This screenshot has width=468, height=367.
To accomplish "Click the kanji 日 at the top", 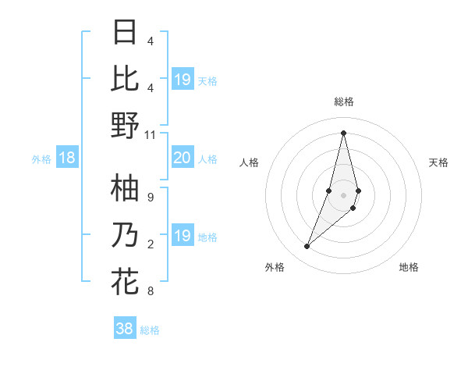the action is [126, 33].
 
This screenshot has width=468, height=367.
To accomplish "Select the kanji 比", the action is [126, 78].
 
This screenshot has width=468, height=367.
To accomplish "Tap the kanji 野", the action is [126, 125].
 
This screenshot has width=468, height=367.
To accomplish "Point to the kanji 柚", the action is [126, 188].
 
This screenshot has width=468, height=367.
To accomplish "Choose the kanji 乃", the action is [126, 235].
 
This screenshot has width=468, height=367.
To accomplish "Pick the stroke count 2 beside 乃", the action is [150, 244].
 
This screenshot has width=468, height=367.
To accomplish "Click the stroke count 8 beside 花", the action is [150, 291].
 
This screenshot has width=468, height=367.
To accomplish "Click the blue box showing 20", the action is [182, 159].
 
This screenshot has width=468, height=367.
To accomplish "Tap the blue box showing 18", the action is [66, 159].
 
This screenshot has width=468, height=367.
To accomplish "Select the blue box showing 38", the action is [125, 329].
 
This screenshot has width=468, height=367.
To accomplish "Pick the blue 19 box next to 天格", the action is [182, 79].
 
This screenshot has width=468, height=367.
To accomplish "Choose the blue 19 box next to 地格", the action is [182, 236].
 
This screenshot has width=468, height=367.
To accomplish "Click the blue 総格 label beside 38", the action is [150, 330].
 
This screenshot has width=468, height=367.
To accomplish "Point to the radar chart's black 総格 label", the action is [344, 102].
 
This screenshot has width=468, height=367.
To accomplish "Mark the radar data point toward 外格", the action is [307, 247].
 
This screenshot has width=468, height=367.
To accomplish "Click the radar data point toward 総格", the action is [344, 133].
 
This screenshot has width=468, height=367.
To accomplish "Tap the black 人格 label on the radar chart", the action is [249, 162].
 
